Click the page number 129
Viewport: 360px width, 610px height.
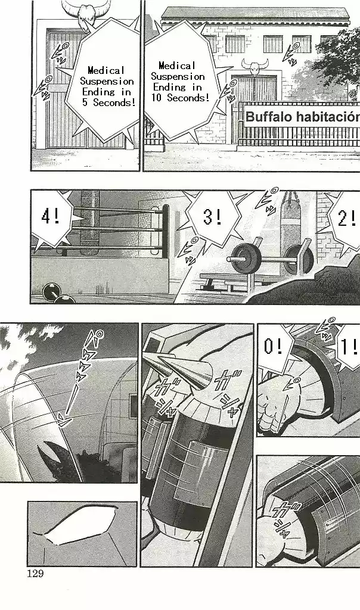[x=36, y=574]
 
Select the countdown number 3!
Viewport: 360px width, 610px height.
[x=212, y=217]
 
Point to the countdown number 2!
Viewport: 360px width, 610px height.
[x=346, y=219]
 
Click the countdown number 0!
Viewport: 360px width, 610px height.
[x=274, y=347]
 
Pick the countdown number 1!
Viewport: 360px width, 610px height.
[x=347, y=347]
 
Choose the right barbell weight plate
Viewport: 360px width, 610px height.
[x=298, y=257]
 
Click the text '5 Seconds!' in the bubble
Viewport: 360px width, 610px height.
[x=108, y=102]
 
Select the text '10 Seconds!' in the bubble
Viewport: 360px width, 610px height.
[x=179, y=98]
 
